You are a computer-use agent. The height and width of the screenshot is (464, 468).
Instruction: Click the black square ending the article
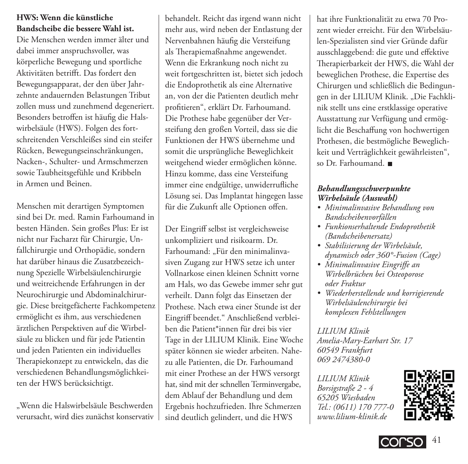click(390, 164)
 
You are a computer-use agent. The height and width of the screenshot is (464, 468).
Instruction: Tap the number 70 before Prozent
click(426, 19)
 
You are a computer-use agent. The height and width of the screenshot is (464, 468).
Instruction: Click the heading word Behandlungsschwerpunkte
click(364, 188)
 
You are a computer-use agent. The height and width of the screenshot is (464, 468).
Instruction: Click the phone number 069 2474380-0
click(344, 359)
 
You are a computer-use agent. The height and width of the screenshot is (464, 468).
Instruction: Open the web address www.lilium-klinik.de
click(352, 417)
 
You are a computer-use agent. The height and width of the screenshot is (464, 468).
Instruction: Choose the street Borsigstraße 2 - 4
click(345, 388)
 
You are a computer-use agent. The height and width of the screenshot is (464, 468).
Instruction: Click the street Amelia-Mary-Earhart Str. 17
click(365, 341)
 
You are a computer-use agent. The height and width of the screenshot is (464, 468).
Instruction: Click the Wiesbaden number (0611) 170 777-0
click(362, 407)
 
